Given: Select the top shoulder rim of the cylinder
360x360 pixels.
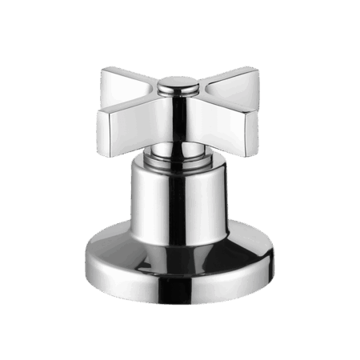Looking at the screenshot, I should coord(180,164).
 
